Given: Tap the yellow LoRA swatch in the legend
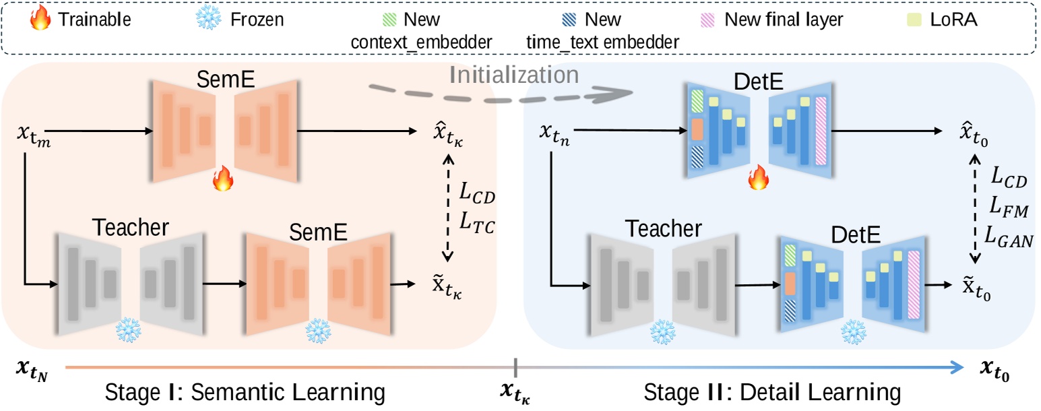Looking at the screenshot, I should (x=943, y=20).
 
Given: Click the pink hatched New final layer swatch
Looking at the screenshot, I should (x=707, y=20).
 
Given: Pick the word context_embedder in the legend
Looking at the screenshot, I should (x=422, y=42).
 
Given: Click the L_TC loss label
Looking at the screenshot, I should (x=476, y=227).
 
